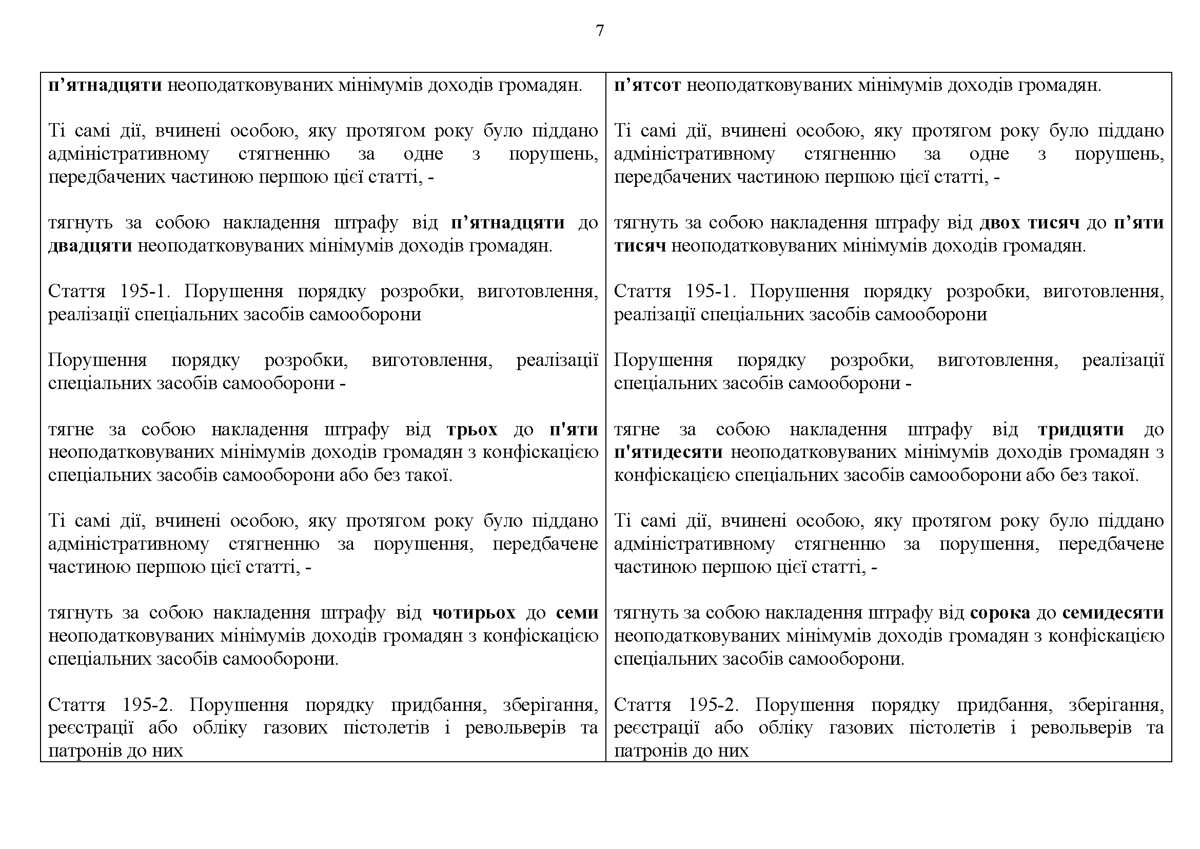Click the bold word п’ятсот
647,85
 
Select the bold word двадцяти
90,246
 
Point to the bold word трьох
472,429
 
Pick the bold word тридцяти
1081,429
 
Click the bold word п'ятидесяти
668,452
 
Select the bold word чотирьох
474,612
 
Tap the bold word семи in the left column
577,612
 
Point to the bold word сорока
1000,612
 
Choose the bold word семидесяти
1113,612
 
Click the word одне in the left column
423,154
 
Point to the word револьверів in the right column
1081,728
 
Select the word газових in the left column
296,728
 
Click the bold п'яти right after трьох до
574,429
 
